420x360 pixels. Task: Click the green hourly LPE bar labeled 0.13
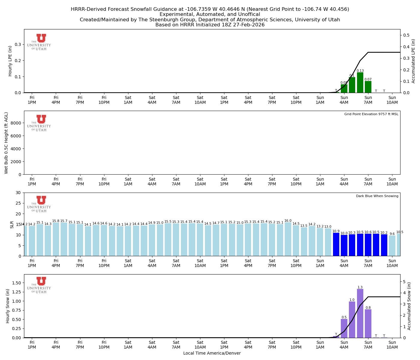tap(360, 82)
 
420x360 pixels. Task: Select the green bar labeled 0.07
tap(368, 87)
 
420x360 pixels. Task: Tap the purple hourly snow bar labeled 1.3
tap(360, 313)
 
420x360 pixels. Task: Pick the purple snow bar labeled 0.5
tap(344, 328)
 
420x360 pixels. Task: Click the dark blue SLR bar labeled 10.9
tap(336, 244)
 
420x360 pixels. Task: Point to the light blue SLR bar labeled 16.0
tap(288, 239)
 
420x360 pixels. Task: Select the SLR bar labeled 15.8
tap(56, 239)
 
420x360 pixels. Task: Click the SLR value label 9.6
tap(392, 234)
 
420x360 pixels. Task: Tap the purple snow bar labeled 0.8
tap(368, 323)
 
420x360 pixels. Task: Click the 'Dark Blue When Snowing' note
tap(377, 196)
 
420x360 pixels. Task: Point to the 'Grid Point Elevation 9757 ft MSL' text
tap(371, 114)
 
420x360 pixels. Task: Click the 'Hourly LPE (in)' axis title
tap(10, 61)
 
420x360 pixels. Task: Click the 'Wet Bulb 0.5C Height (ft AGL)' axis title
tap(6, 143)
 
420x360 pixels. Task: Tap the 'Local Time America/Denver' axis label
tap(212, 353)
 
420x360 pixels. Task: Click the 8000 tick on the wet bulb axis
tap(17, 123)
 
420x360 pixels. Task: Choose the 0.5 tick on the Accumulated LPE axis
tap(406, 35)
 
